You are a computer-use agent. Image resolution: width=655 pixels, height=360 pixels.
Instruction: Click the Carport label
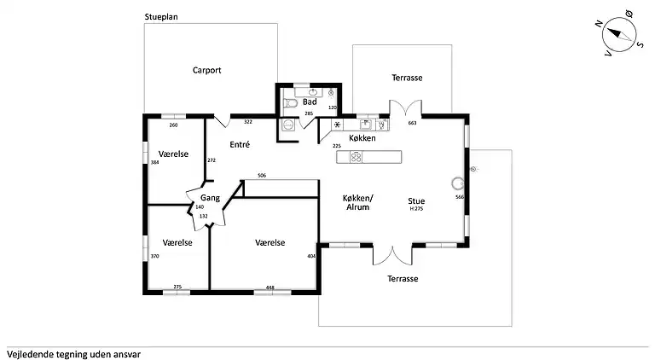click(206, 71)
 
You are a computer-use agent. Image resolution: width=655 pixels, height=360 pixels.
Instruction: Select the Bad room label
click(310, 102)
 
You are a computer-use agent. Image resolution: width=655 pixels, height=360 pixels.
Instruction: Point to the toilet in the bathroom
click(291, 103)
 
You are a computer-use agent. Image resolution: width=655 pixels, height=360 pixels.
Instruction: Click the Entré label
click(240, 145)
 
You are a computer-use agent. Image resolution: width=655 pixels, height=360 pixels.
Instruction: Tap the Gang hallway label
click(211, 198)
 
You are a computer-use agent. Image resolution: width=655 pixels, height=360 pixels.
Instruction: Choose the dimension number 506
click(262, 176)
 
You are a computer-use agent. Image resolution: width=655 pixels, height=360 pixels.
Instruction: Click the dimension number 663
click(412, 124)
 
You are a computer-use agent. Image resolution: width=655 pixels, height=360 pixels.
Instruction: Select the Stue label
click(416, 200)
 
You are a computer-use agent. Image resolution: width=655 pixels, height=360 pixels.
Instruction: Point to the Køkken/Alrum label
click(358, 201)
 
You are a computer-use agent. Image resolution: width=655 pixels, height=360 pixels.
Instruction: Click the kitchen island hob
click(355, 156)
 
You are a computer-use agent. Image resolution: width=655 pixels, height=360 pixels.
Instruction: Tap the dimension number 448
click(270, 287)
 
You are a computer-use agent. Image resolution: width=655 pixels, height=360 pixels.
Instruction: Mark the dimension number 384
click(154, 162)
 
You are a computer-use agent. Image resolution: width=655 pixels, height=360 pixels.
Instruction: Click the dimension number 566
click(459, 197)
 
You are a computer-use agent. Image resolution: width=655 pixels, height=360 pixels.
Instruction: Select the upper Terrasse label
click(407, 78)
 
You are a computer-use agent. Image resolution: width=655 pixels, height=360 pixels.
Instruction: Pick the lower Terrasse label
click(402, 279)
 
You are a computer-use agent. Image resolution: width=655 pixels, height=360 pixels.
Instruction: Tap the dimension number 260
click(173, 125)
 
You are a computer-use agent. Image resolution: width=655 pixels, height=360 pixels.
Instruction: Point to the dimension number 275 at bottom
click(177, 287)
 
